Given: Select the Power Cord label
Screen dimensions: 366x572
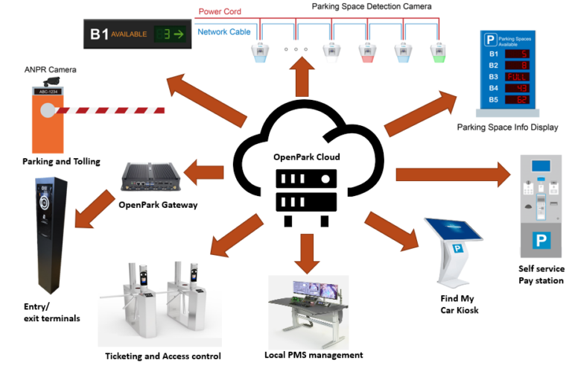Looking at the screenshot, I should pos(220,12).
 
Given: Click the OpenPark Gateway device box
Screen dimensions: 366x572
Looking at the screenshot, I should pos(151,176).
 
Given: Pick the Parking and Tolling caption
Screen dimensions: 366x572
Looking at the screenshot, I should pos(61,162).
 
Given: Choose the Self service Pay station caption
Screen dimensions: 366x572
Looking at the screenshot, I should pos(541,274).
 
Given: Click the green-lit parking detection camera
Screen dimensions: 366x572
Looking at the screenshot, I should pos(438,53).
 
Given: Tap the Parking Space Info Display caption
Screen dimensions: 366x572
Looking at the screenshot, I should pos(507,127).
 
